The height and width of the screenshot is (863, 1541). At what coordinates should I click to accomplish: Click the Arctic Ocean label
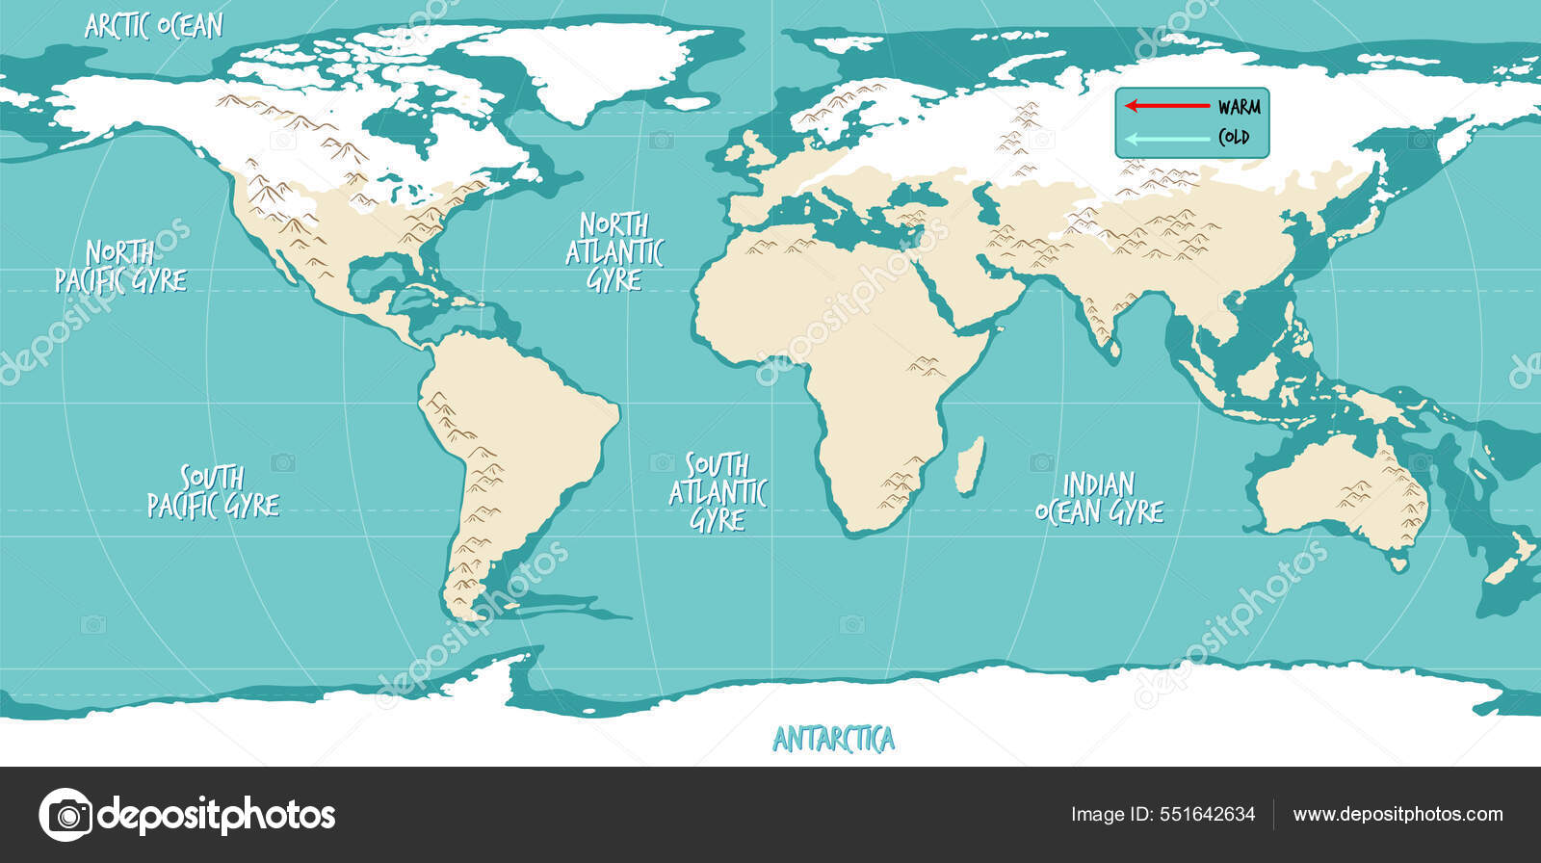pos(154,26)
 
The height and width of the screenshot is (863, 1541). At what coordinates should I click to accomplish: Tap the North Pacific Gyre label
pos(120,267)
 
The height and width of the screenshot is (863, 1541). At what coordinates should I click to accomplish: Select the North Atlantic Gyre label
pos(614,252)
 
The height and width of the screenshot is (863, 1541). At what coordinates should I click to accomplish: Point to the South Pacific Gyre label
pos(213,491)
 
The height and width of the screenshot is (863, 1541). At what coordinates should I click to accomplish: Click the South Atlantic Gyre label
pos(718,492)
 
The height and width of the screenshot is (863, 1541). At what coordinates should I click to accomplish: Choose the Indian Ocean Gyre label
pos(1099,498)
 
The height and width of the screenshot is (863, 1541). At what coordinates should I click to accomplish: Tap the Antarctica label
pos(833,740)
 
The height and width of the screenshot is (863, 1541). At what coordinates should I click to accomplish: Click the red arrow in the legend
pos(1166,106)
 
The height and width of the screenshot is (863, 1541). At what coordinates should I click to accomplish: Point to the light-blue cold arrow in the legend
pos(1166,138)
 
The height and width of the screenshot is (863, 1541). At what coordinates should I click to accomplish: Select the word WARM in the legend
pos(1239,107)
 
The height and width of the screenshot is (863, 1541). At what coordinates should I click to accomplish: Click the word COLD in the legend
pos(1234,138)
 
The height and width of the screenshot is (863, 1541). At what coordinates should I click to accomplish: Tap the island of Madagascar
pos(971,464)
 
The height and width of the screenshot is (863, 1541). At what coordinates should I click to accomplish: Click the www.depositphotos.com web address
pos(1397,815)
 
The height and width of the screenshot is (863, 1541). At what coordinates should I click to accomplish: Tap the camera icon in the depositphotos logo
pos(65,815)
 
